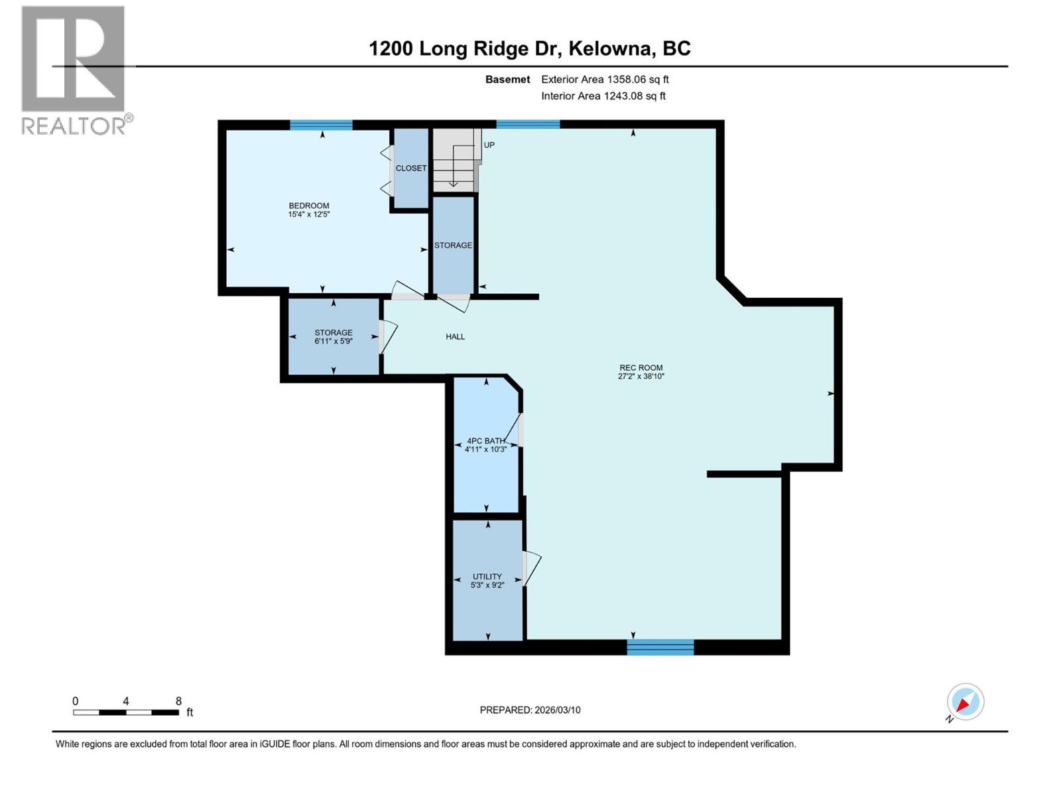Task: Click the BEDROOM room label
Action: pyautogui.click(x=308, y=206)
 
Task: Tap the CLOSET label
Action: pyautogui.click(x=411, y=168)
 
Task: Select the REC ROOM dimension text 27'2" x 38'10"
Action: pyautogui.click(x=641, y=376)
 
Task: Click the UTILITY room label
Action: pyautogui.click(x=487, y=576)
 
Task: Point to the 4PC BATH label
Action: pyautogui.click(x=485, y=440)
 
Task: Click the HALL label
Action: pyautogui.click(x=455, y=337)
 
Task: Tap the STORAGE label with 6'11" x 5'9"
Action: pyautogui.click(x=334, y=333)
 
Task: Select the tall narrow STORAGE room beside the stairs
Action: pyautogui.click(x=454, y=245)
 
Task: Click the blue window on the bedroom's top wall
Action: pyautogui.click(x=321, y=125)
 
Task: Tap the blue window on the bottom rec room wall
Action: pyautogui.click(x=660, y=647)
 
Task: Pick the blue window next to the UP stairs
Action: pyautogui.click(x=528, y=124)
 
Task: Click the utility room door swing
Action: pyautogui.click(x=532, y=568)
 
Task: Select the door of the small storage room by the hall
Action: pyautogui.click(x=387, y=337)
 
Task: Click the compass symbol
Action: pyautogui.click(x=965, y=702)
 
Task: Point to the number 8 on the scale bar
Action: pyautogui.click(x=178, y=701)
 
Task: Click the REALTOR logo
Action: pyautogui.click(x=74, y=70)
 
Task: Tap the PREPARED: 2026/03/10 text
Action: pyautogui.click(x=530, y=710)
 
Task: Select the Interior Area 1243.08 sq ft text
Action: pyautogui.click(x=603, y=96)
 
